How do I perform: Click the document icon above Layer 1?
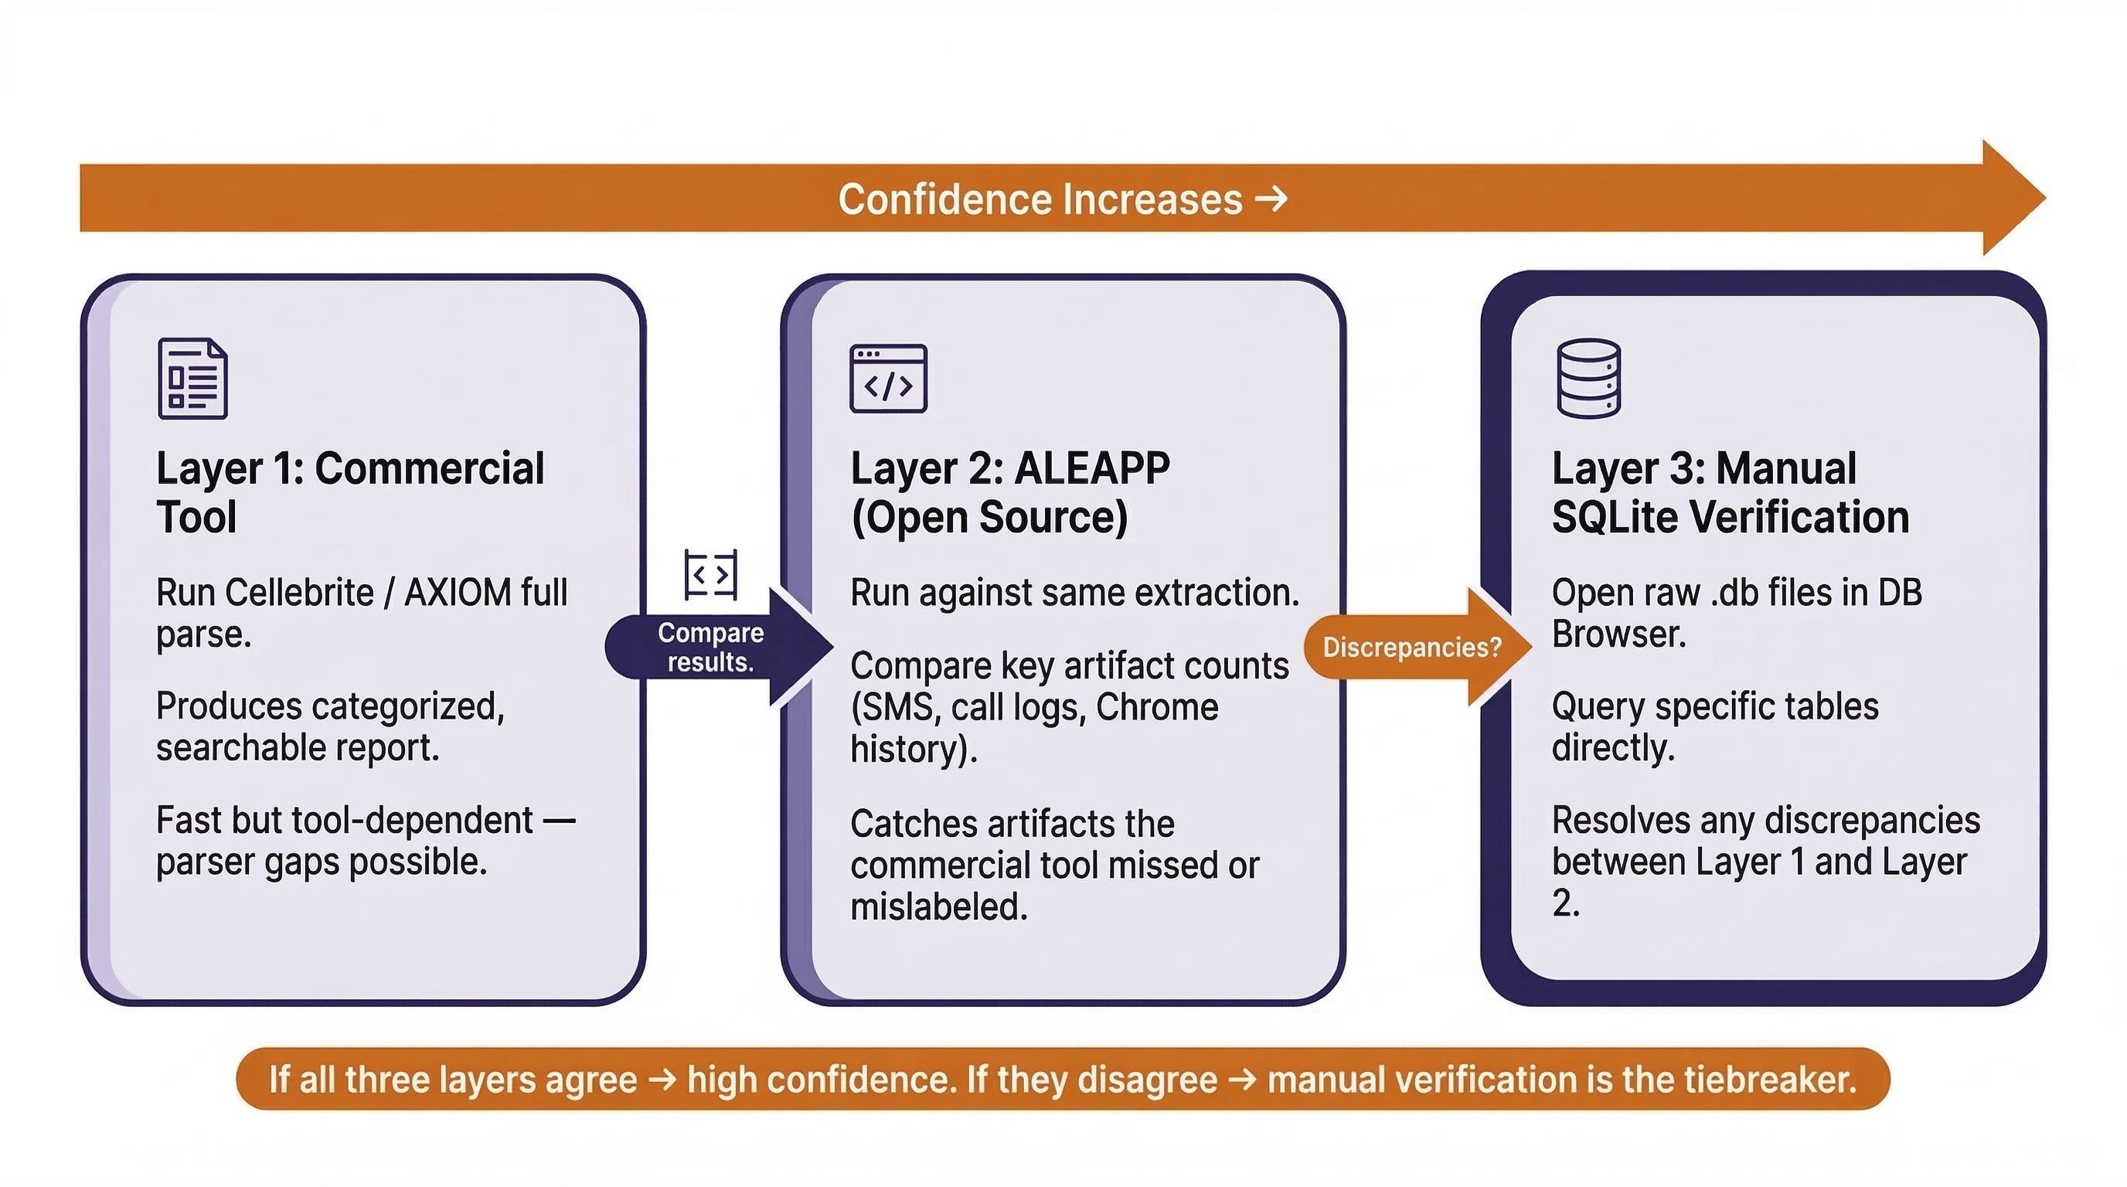click(192, 378)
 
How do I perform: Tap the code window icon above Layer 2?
click(889, 378)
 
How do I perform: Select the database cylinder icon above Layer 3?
click(1588, 378)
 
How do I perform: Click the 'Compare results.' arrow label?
click(711, 647)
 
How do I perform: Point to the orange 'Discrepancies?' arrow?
click(1412, 647)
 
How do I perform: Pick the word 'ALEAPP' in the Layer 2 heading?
click(1091, 469)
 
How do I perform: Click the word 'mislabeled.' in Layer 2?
click(939, 907)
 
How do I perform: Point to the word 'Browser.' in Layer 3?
click(1618, 634)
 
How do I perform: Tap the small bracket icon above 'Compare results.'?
click(711, 574)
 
